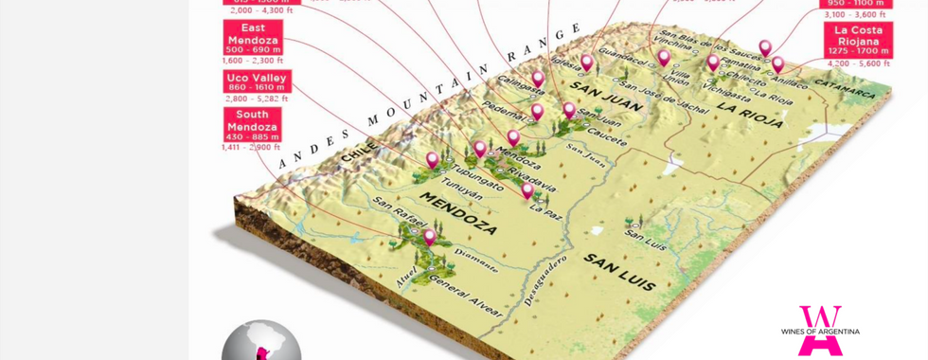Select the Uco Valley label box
tap(257, 81)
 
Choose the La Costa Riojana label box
tap(859, 40)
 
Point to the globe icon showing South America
tap(260, 343)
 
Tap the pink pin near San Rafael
tap(429, 236)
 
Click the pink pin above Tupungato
tap(433, 159)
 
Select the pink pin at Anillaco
tap(777, 63)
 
